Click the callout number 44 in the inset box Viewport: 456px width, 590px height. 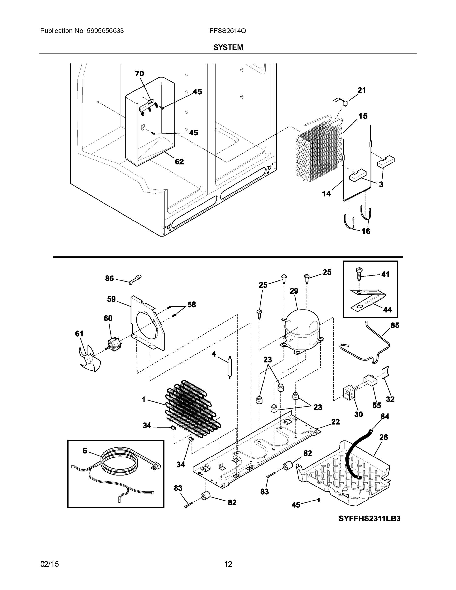387,310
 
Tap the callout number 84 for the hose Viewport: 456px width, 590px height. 385,417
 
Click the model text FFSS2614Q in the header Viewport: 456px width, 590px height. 227,31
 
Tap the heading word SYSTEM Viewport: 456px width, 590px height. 228,47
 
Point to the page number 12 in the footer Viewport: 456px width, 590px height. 228,564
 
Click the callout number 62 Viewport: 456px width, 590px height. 179,162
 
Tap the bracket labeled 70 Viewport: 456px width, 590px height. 148,107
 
